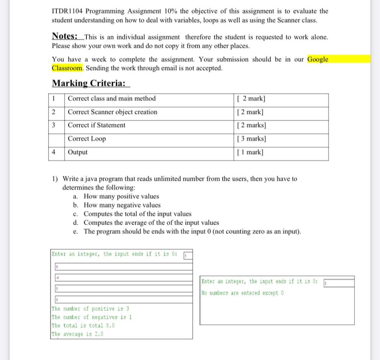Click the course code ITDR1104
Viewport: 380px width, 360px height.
tap(68, 11)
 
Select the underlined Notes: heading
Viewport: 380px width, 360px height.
tap(65, 36)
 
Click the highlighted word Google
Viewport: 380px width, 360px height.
tap(318, 59)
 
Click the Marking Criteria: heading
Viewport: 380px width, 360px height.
tap(89, 83)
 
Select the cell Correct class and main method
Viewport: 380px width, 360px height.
tap(112, 99)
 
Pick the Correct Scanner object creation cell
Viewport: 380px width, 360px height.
tap(112, 112)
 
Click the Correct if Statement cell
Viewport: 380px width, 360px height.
tap(96, 125)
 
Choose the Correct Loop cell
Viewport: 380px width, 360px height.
tap(87, 139)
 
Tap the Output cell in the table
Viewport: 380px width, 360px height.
tap(78, 152)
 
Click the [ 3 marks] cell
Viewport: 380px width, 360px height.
tap(251, 139)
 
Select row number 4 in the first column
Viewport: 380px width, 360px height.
tap(54, 152)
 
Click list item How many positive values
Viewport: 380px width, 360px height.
tap(121, 196)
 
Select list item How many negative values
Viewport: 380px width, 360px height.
tap(122, 205)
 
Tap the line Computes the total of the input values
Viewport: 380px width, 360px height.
tap(138, 214)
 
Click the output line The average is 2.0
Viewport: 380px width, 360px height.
tap(78, 334)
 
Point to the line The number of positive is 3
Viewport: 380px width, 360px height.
tap(91, 309)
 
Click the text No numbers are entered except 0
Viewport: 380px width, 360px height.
tap(243, 293)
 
